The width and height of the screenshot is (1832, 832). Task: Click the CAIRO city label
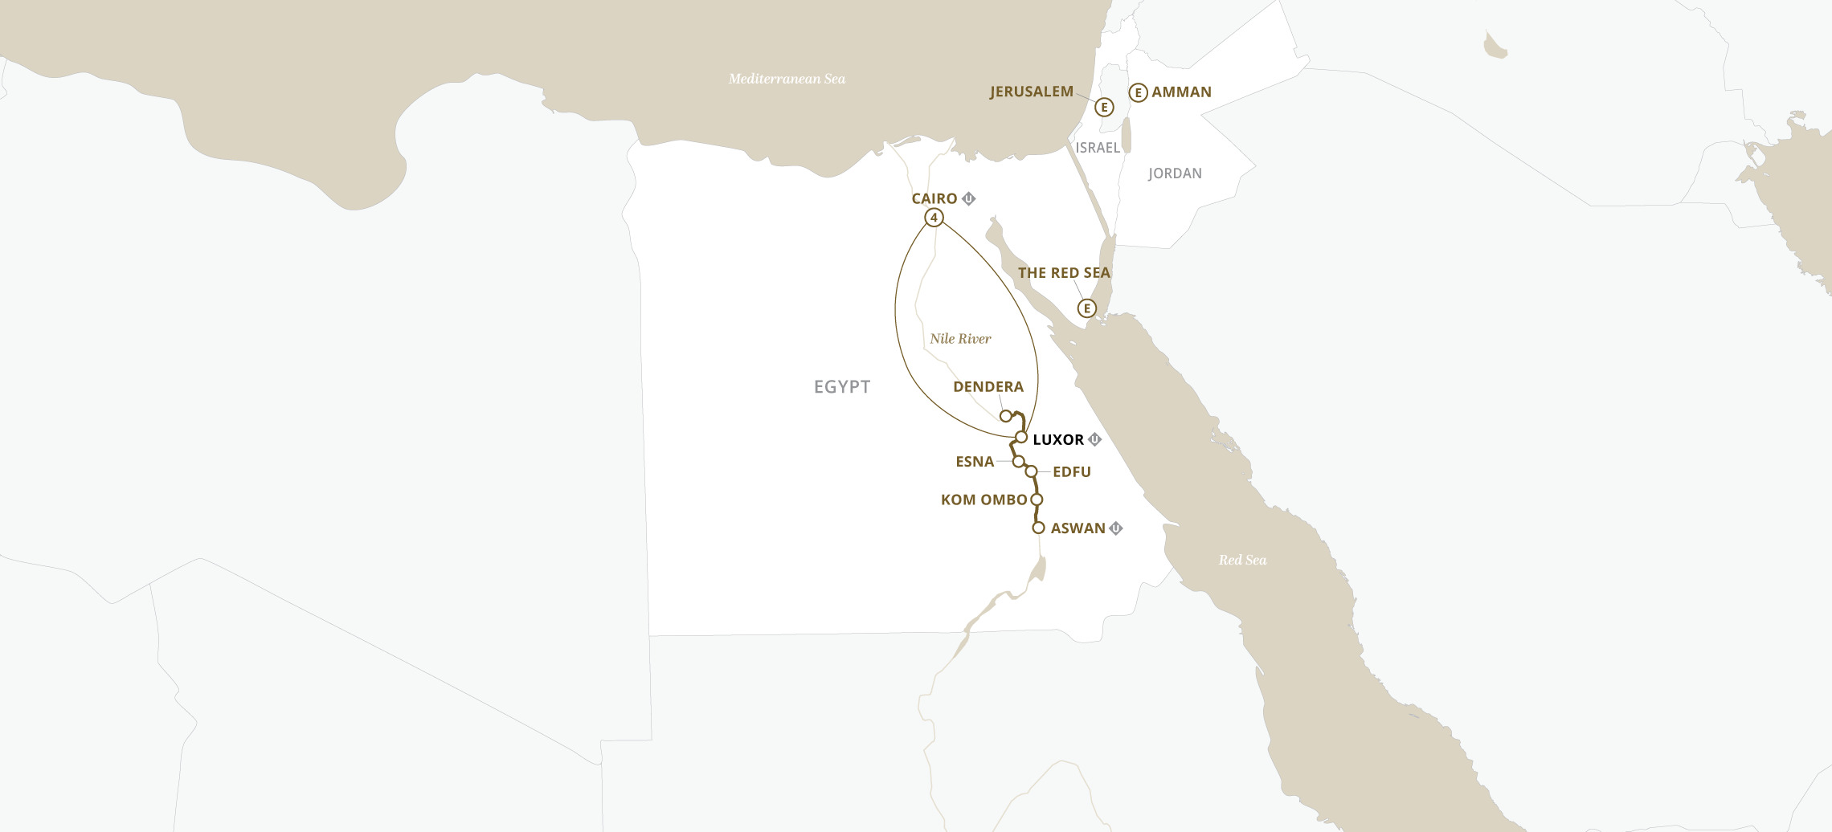point(934,198)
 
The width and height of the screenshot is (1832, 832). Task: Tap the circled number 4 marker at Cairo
point(934,218)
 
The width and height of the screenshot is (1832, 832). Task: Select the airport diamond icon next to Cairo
point(969,198)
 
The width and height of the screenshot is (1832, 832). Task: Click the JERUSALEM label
point(1031,92)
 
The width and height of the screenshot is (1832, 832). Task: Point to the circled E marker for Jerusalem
point(1104,107)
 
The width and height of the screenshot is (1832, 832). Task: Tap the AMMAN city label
point(1181,92)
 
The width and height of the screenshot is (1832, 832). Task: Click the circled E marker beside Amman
point(1138,92)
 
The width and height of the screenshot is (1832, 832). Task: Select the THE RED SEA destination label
point(1064,273)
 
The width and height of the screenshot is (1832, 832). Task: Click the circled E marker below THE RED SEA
point(1086,308)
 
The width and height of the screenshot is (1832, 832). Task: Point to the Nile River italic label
point(960,339)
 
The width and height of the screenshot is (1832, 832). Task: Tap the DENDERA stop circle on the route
point(1005,416)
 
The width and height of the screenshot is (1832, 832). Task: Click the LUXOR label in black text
point(1058,440)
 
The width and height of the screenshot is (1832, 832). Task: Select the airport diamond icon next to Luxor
point(1094,439)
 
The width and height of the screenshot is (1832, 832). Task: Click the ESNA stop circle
point(1018,462)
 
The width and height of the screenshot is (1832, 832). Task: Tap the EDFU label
point(1071,472)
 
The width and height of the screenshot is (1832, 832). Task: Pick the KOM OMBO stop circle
point(1037,500)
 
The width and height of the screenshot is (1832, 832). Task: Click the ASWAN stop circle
point(1038,528)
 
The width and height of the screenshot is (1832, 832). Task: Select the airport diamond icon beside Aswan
point(1116,528)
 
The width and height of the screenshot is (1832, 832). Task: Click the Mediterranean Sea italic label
point(787,79)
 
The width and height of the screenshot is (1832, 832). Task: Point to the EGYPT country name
point(842,387)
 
